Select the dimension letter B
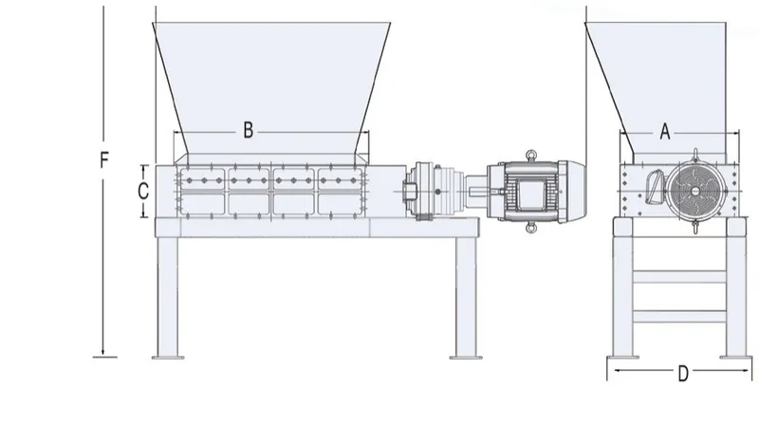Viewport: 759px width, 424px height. pyautogui.click(x=248, y=131)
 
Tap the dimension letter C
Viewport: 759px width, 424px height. pyautogui.click(x=142, y=190)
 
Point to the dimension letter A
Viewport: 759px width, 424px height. pyautogui.click(x=665, y=133)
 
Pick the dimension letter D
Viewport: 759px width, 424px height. pyautogui.click(x=682, y=374)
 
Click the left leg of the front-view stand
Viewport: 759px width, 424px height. pyautogui.click(x=168, y=295)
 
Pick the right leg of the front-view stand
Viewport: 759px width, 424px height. pyautogui.click(x=464, y=295)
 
